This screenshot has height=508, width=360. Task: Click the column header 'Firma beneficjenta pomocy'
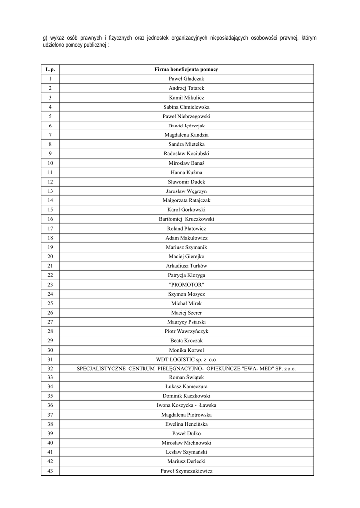(x=186, y=69)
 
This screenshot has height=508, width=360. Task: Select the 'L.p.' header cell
(x=50, y=69)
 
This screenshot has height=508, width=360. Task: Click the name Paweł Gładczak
(x=186, y=79)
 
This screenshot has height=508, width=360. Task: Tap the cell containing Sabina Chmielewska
(x=186, y=107)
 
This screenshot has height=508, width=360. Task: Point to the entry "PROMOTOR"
(x=186, y=284)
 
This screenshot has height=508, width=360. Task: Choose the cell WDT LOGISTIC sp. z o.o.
(x=186, y=359)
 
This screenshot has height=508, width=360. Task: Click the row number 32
(x=50, y=368)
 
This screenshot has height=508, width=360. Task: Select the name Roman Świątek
(x=186, y=377)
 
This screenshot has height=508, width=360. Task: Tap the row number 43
(x=50, y=471)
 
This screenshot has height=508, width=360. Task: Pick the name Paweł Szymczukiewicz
(x=186, y=471)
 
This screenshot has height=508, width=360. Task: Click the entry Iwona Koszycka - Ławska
(x=186, y=405)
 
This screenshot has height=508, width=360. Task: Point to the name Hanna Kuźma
(x=186, y=172)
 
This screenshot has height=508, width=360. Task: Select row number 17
(x=50, y=228)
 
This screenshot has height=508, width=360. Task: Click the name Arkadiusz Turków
(x=186, y=265)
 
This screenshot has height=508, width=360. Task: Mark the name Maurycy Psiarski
(x=186, y=321)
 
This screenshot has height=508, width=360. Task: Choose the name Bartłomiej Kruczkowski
(x=186, y=219)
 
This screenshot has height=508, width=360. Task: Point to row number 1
(x=50, y=79)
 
